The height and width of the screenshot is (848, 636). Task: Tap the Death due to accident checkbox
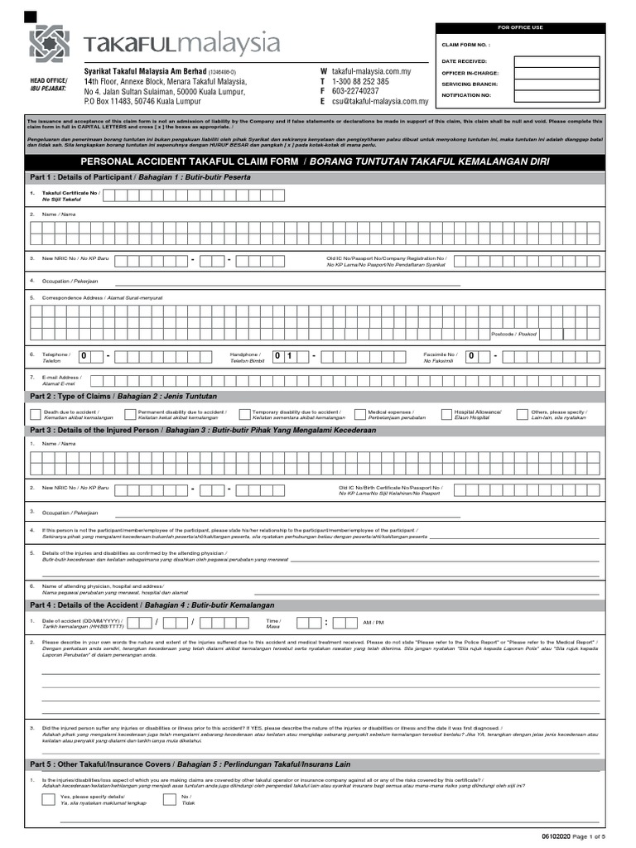coord(35,414)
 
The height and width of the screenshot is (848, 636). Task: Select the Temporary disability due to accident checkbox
coord(244,414)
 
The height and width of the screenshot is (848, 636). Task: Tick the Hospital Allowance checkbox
coord(446,414)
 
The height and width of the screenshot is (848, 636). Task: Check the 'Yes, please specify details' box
coord(49,799)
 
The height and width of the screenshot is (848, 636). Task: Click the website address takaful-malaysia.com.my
coord(371,72)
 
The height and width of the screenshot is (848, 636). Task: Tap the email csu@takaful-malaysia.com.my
coord(379,102)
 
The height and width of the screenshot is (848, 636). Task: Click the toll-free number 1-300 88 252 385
coord(360,82)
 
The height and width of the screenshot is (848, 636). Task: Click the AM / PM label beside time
coord(373,622)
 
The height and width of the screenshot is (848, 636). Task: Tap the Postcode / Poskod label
coord(513,334)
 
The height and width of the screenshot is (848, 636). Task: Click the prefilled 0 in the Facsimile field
coord(472,356)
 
